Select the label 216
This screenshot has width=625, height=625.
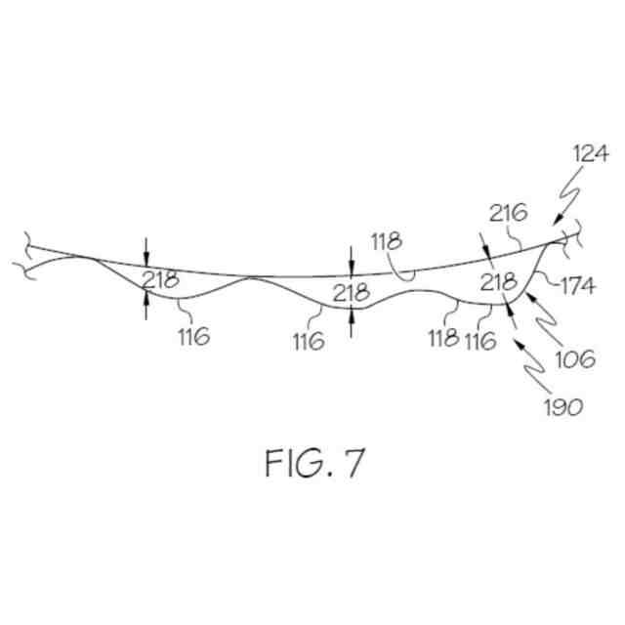(509, 212)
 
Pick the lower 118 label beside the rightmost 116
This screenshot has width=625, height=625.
(443, 339)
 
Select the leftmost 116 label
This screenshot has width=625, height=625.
(193, 338)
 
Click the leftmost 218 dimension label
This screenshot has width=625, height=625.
(160, 280)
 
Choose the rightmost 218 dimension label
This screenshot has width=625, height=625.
(498, 282)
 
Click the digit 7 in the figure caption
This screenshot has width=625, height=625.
(353, 464)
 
